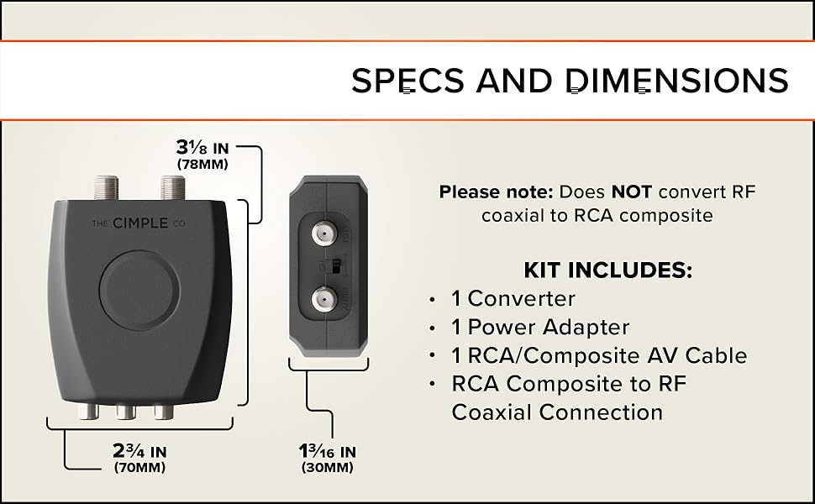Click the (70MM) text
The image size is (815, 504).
[x=139, y=468]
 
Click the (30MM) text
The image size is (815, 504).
[x=327, y=468]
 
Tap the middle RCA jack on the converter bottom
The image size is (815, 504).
[x=126, y=412]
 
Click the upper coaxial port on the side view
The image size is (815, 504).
[x=324, y=232]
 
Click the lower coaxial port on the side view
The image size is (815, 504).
[x=324, y=299]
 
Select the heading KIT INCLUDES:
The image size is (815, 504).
[x=607, y=270]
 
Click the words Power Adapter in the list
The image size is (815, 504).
[x=549, y=327]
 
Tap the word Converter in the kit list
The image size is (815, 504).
[x=522, y=298]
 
